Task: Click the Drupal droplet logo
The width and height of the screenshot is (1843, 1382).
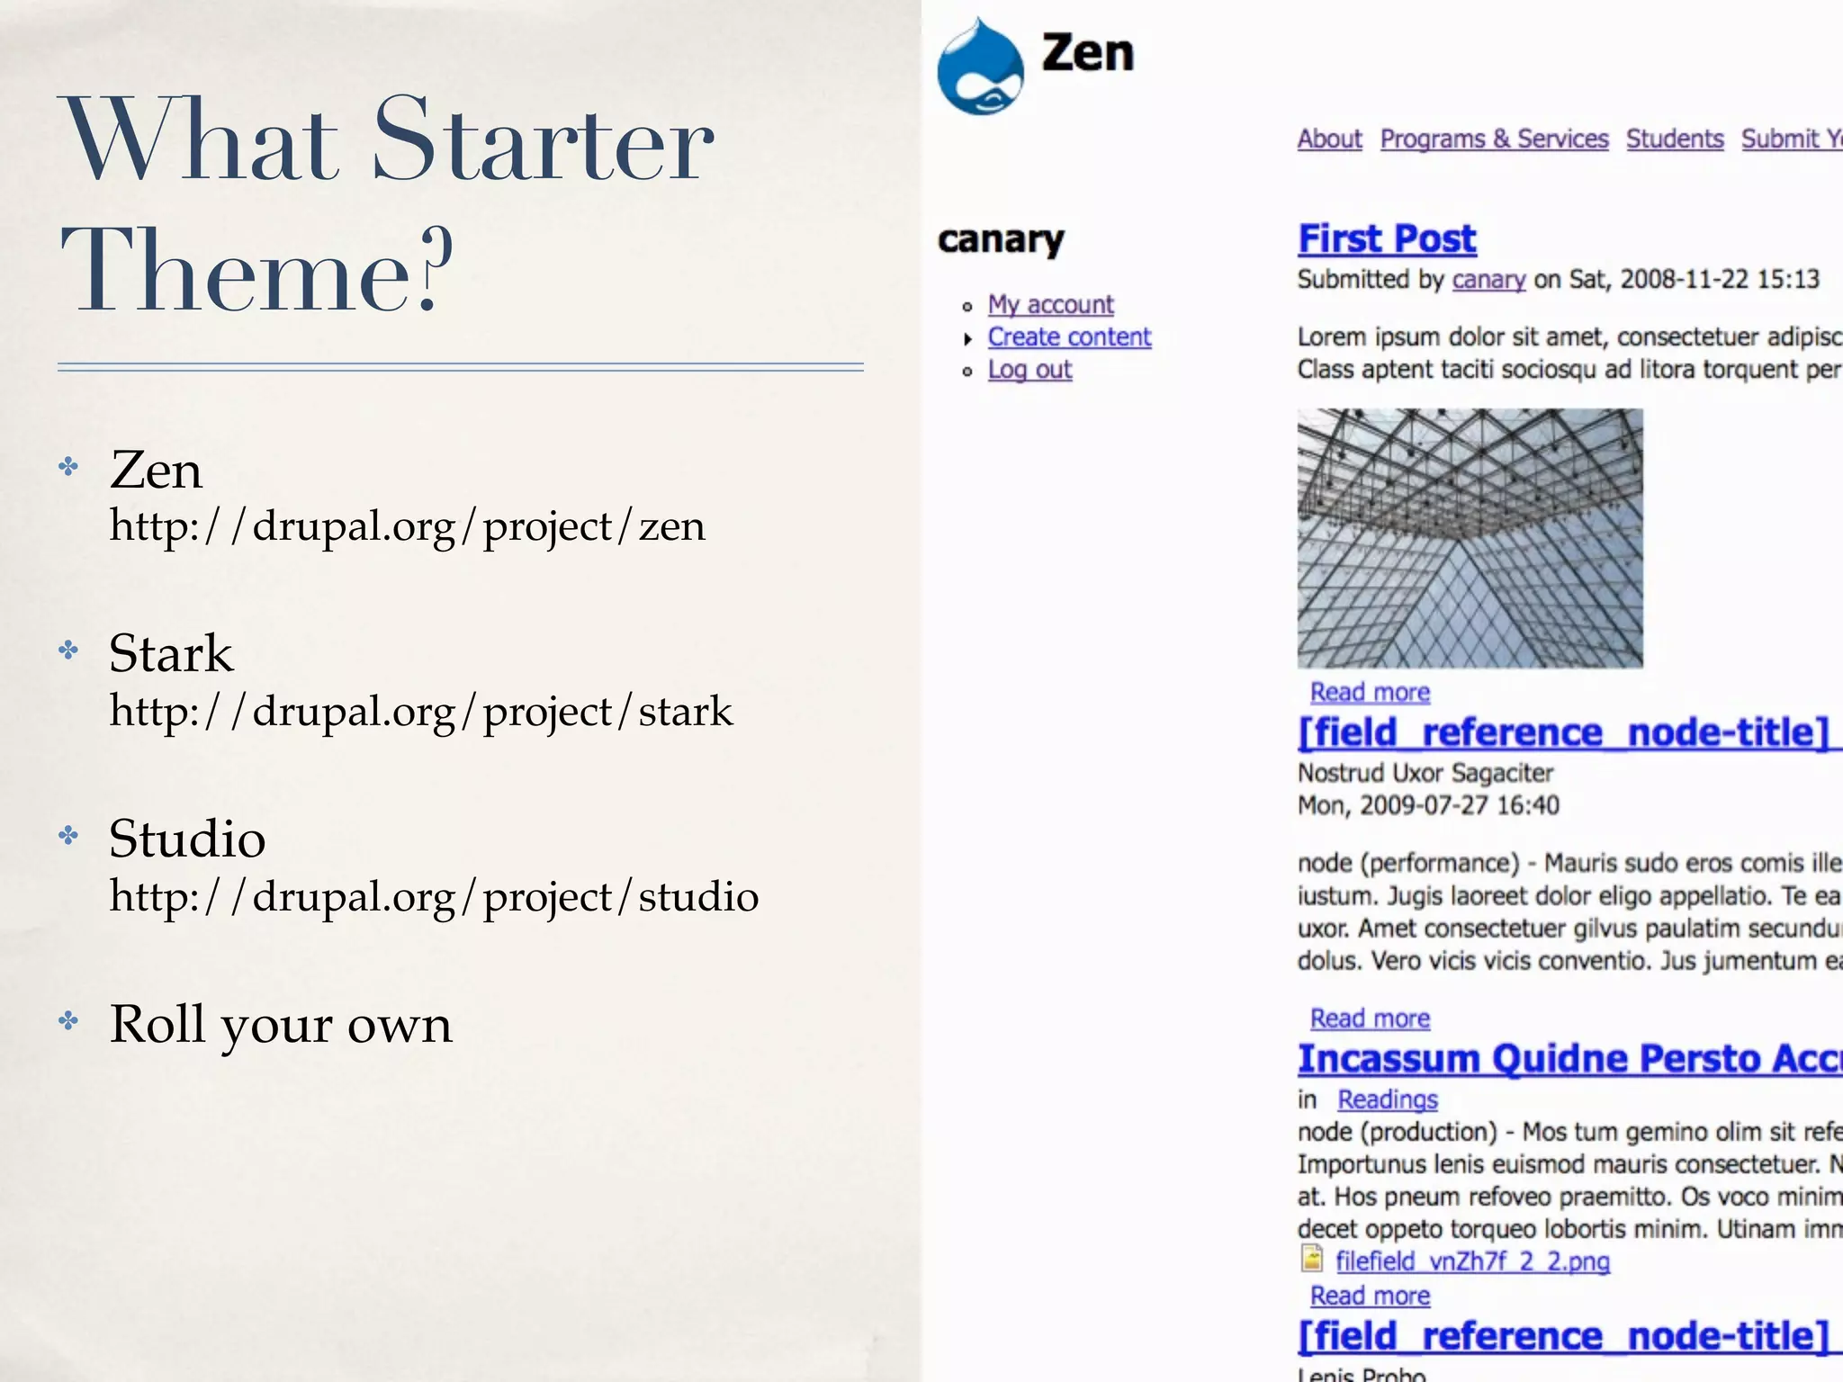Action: (x=980, y=67)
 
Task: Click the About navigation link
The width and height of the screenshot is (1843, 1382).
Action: (x=1329, y=139)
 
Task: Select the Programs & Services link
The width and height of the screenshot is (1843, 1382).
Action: (x=1494, y=139)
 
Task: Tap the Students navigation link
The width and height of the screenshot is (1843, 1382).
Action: (x=1674, y=139)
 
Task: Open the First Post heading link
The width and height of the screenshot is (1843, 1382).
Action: (x=1387, y=239)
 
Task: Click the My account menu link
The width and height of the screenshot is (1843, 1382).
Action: (x=1050, y=305)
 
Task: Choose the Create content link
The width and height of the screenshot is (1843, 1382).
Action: (x=1069, y=337)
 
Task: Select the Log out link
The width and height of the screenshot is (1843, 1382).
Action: (x=1029, y=370)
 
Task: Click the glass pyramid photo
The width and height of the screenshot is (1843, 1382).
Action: (x=1470, y=538)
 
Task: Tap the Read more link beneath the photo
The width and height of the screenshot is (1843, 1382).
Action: (x=1370, y=693)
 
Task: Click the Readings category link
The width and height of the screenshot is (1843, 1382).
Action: (x=1388, y=1099)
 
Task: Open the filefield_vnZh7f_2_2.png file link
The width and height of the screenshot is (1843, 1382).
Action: (x=1472, y=1261)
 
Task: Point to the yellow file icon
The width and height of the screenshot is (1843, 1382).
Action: (x=1312, y=1259)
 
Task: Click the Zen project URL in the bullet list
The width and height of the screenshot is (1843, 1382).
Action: (x=407, y=526)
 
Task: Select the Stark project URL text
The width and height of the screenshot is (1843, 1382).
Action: (x=420, y=712)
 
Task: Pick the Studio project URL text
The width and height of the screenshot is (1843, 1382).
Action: (x=434, y=897)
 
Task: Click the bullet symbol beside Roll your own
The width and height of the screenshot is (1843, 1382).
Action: (x=68, y=1021)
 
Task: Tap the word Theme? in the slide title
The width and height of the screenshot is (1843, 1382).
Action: (x=256, y=270)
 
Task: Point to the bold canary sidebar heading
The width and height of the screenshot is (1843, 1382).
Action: (x=1001, y=240)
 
